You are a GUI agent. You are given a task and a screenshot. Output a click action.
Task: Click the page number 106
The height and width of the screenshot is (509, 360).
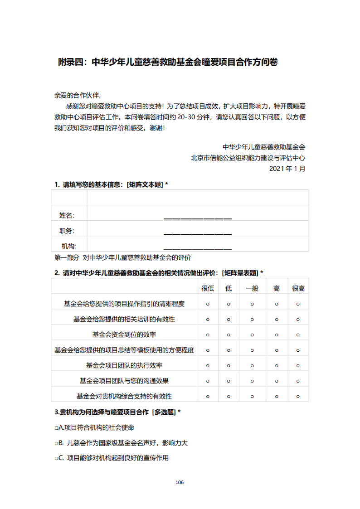click(180, 482)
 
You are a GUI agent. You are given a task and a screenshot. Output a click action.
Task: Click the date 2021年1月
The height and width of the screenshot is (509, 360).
click(287, 169)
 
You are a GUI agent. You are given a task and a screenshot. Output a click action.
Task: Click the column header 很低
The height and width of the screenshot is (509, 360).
click(208, 288)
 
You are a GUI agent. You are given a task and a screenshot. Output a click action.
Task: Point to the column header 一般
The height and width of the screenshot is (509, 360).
click(252, 288)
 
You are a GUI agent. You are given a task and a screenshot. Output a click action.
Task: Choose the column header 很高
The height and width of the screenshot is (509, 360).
click(298, 288)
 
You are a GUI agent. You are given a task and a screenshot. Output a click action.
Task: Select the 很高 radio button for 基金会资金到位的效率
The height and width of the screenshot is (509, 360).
click(298, 335)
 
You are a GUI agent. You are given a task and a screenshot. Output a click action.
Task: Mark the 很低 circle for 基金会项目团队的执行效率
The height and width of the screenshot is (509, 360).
click(208, 366)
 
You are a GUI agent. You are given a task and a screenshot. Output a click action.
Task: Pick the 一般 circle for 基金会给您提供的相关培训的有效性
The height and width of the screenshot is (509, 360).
click(252, 320)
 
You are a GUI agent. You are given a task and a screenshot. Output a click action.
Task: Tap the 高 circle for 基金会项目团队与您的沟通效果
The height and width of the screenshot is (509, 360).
click(276, 381)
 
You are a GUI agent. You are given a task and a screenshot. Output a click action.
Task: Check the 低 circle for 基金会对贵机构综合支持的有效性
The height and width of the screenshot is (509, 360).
click(229, 397)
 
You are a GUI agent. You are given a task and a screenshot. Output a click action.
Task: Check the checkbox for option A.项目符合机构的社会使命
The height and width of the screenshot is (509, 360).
click(56, 428)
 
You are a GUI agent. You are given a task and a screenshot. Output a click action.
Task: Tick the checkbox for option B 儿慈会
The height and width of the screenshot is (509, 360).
click(56, 443)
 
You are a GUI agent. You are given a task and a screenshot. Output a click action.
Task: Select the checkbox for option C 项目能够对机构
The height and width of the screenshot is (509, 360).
click(56, 459)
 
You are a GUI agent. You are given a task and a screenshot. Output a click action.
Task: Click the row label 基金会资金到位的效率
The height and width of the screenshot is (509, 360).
click(124, 335)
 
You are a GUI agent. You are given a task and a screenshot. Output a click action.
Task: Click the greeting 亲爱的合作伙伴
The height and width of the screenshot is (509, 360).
click(77, 96)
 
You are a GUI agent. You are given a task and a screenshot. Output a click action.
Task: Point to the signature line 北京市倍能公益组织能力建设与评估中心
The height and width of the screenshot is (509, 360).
click(248, 158)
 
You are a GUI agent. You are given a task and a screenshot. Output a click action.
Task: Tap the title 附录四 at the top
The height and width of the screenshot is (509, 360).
click(168, 63)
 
